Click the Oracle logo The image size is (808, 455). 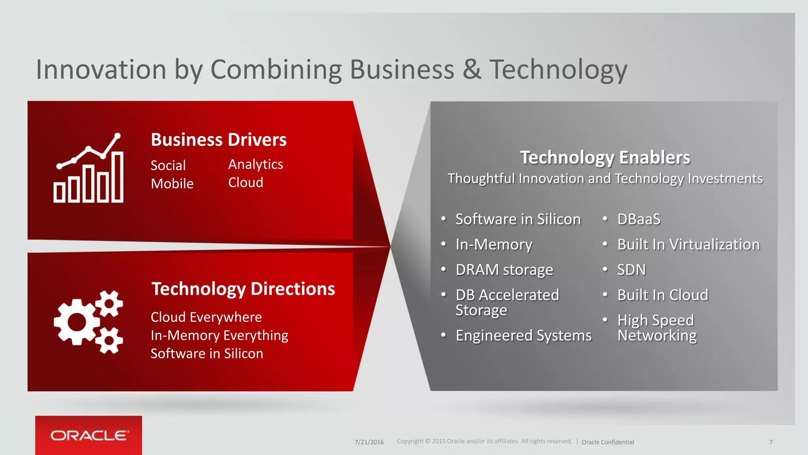89,435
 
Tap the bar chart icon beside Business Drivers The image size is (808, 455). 89,168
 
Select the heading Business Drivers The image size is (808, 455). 219,140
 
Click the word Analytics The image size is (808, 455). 256,164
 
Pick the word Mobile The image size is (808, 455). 172,184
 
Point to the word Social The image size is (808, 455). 168,165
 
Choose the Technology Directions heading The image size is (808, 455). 243,289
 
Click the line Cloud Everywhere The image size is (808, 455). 206,317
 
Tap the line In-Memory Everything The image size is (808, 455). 219,335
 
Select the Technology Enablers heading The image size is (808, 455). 605,158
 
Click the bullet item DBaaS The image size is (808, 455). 639,219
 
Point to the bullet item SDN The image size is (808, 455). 631,270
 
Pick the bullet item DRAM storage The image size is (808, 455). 504,270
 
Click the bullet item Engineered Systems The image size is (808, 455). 524,336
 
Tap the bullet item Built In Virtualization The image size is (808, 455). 688,244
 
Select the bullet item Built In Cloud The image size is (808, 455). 663,295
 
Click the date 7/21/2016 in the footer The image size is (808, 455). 369,442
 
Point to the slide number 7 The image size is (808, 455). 771,442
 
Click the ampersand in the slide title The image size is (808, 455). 472,70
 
